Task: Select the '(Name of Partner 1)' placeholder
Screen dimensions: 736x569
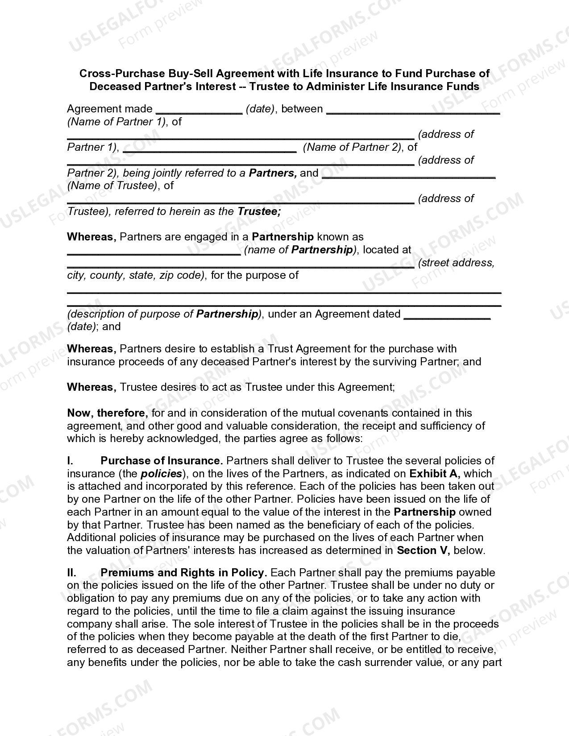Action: click(x=116, y=122)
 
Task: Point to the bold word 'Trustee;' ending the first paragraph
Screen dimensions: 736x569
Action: click(x=259, y=211)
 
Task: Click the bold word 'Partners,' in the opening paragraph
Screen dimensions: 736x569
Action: click(x=273, y=173)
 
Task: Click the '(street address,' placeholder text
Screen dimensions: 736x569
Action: click(x=456, y=263)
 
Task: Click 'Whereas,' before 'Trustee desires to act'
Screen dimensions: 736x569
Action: click(x=91, y=387)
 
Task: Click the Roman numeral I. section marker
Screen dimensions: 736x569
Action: click(x=70, y=461)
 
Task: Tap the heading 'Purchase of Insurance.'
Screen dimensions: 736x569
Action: click(x=162, y=461)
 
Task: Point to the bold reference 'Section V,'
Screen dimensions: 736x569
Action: click(x=423, y=550)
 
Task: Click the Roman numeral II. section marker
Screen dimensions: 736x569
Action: click(x=71, y=573)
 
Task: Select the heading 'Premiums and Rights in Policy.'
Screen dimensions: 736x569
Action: click(x=184, y=573)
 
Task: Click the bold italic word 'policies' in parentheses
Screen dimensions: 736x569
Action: click(x=162, y=474)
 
